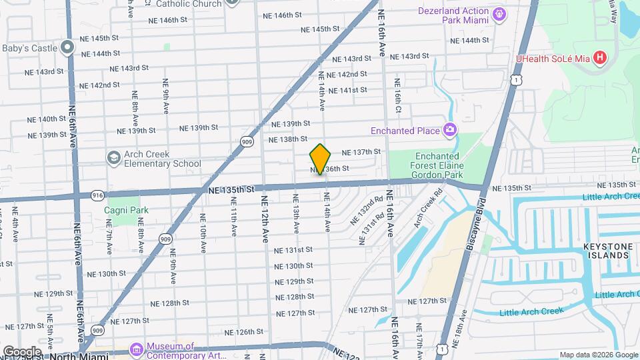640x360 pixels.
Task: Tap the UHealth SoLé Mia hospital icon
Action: (600, 58)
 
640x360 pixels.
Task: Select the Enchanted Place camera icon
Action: (450, 130)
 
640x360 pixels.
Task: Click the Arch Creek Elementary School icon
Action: (113, 157)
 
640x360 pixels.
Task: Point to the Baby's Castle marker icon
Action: (67, 47)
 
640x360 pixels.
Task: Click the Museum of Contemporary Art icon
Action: (137, 349)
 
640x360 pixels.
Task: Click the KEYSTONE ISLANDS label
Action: (607, 251)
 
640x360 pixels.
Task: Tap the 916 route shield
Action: (97, 195)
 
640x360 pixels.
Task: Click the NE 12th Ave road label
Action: (265, 219)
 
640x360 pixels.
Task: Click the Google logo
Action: (21, 351)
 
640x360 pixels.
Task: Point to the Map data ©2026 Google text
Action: (598, 355)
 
